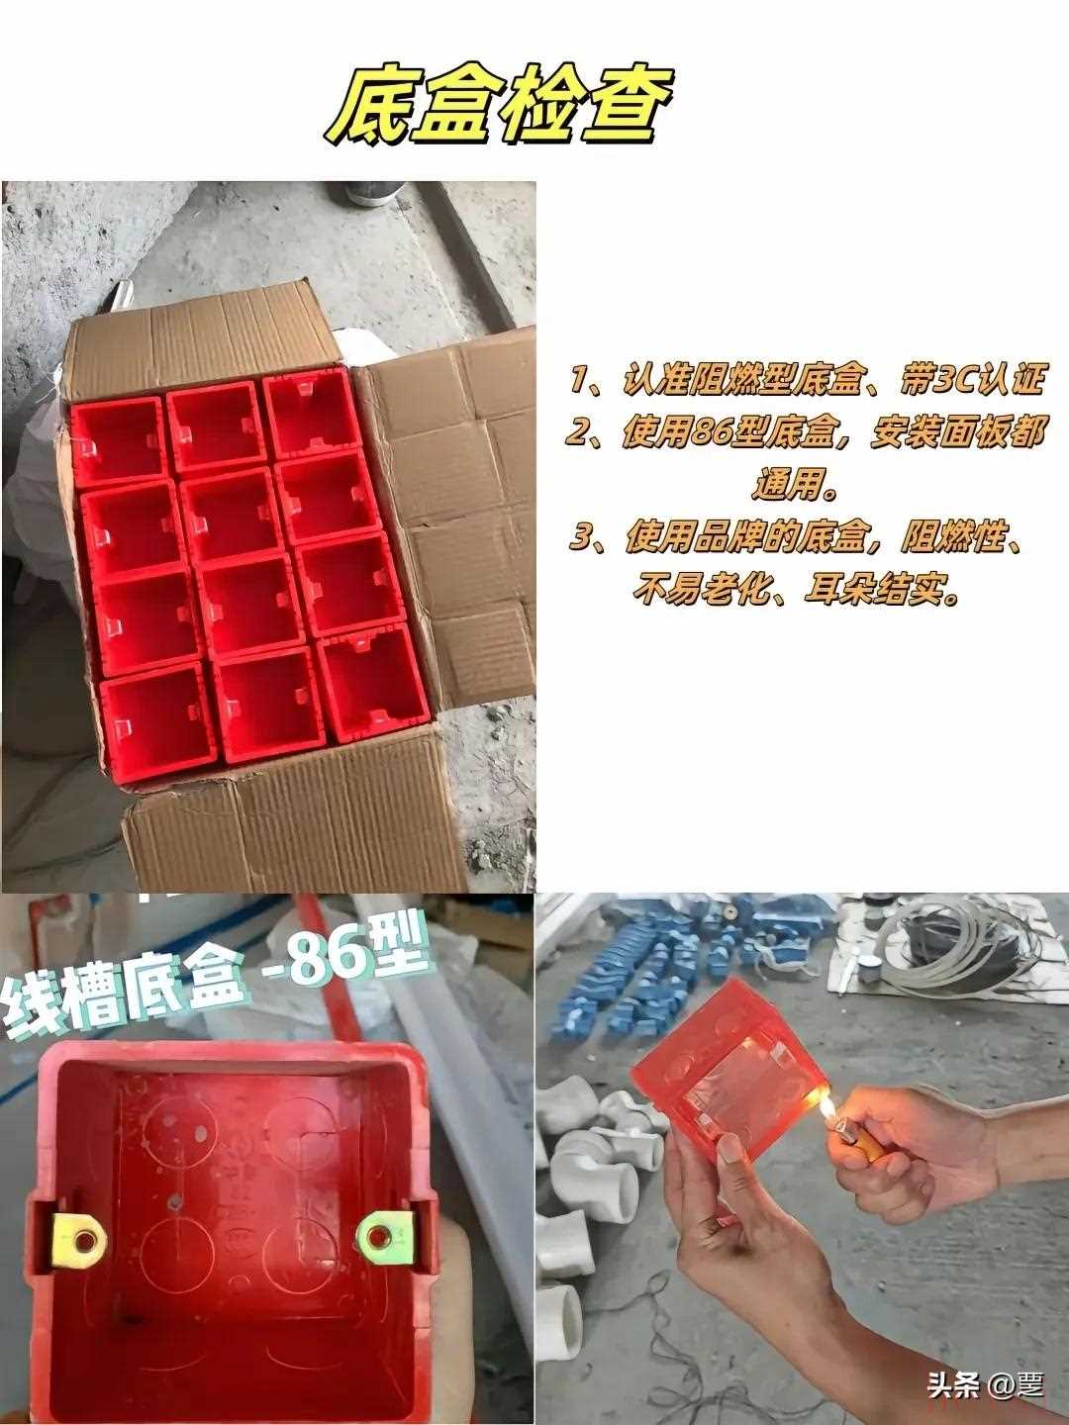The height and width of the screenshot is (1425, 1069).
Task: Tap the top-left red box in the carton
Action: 118,440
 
